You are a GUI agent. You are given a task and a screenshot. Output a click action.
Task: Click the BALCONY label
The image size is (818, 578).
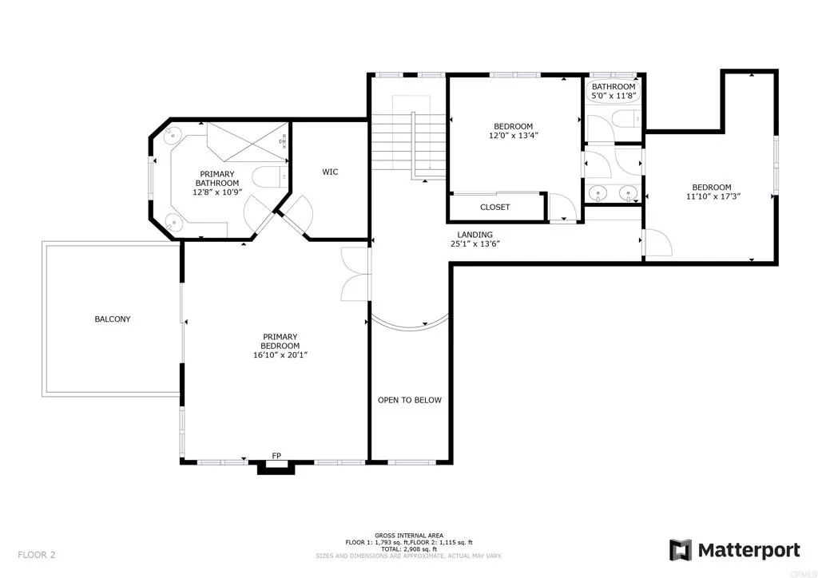pyautogui.click(x=113, y=319)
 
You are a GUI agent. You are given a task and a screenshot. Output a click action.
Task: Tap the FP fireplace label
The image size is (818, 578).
pyautogui.click(x=276, y=456)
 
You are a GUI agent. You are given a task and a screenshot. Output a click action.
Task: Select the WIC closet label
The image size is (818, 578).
pyautogui.click(x=331, y=172)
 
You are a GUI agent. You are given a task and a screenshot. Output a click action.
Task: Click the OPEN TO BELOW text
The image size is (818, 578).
pyautogui.click(x=409, y=400)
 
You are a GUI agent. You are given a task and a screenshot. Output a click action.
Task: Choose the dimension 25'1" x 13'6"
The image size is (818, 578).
pyautogui.click(x=475, y=244)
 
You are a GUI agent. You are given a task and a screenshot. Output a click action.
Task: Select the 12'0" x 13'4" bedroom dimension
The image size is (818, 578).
pyautogui.click(x=513, y=136)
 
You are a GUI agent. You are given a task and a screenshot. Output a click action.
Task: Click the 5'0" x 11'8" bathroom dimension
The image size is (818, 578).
pyautogui.click(x=613, y=97)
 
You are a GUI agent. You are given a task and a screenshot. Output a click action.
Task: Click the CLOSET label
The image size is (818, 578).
pyautogui.click(x=495, y=208)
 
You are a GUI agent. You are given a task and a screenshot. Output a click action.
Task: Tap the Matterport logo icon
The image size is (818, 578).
pyautogui.click(x=681, y=550)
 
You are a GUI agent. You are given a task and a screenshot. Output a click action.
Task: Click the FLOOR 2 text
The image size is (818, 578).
pyautogui.click(x=36, y=554)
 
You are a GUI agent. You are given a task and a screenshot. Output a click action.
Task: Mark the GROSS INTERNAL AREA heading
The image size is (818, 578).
pyautogui.click(x=409, y=536)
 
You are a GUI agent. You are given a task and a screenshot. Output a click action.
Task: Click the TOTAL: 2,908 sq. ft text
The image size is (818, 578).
pyautogui.click(x=409, y=548)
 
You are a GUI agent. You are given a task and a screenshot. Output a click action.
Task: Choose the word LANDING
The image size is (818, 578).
pyautogui.click(x=475, y=235)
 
